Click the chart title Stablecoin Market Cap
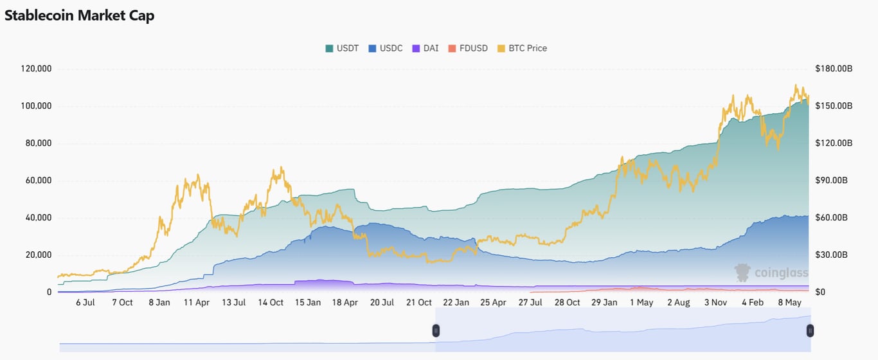pyautogui.click(x=79, y=15)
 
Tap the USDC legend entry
pyautogui.click(x=386, y=48)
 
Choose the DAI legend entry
pyautogui.click(x=426, y=48)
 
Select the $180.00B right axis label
pyautogui.click(x=834, y=69)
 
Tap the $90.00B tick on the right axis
pyautogui.click(x=834, y=181)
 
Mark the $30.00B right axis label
pyautogui.click(x=834, y=255)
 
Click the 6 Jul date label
pyautogui.click(x=85, y=302)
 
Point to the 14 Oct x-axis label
pyautogui.click(x=271, y=302)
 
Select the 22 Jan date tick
pyautogui.click(x=456, y=302)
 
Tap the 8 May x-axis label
pyautogui.click(x=789, y=302)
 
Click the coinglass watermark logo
pyautogui.click(x=771, y=273)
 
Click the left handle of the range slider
pyautogui.click(x=436, y=330)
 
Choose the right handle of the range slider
pyautogui.click(x=810, y=330)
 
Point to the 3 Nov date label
pyautogui.click(x=715, y=302)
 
